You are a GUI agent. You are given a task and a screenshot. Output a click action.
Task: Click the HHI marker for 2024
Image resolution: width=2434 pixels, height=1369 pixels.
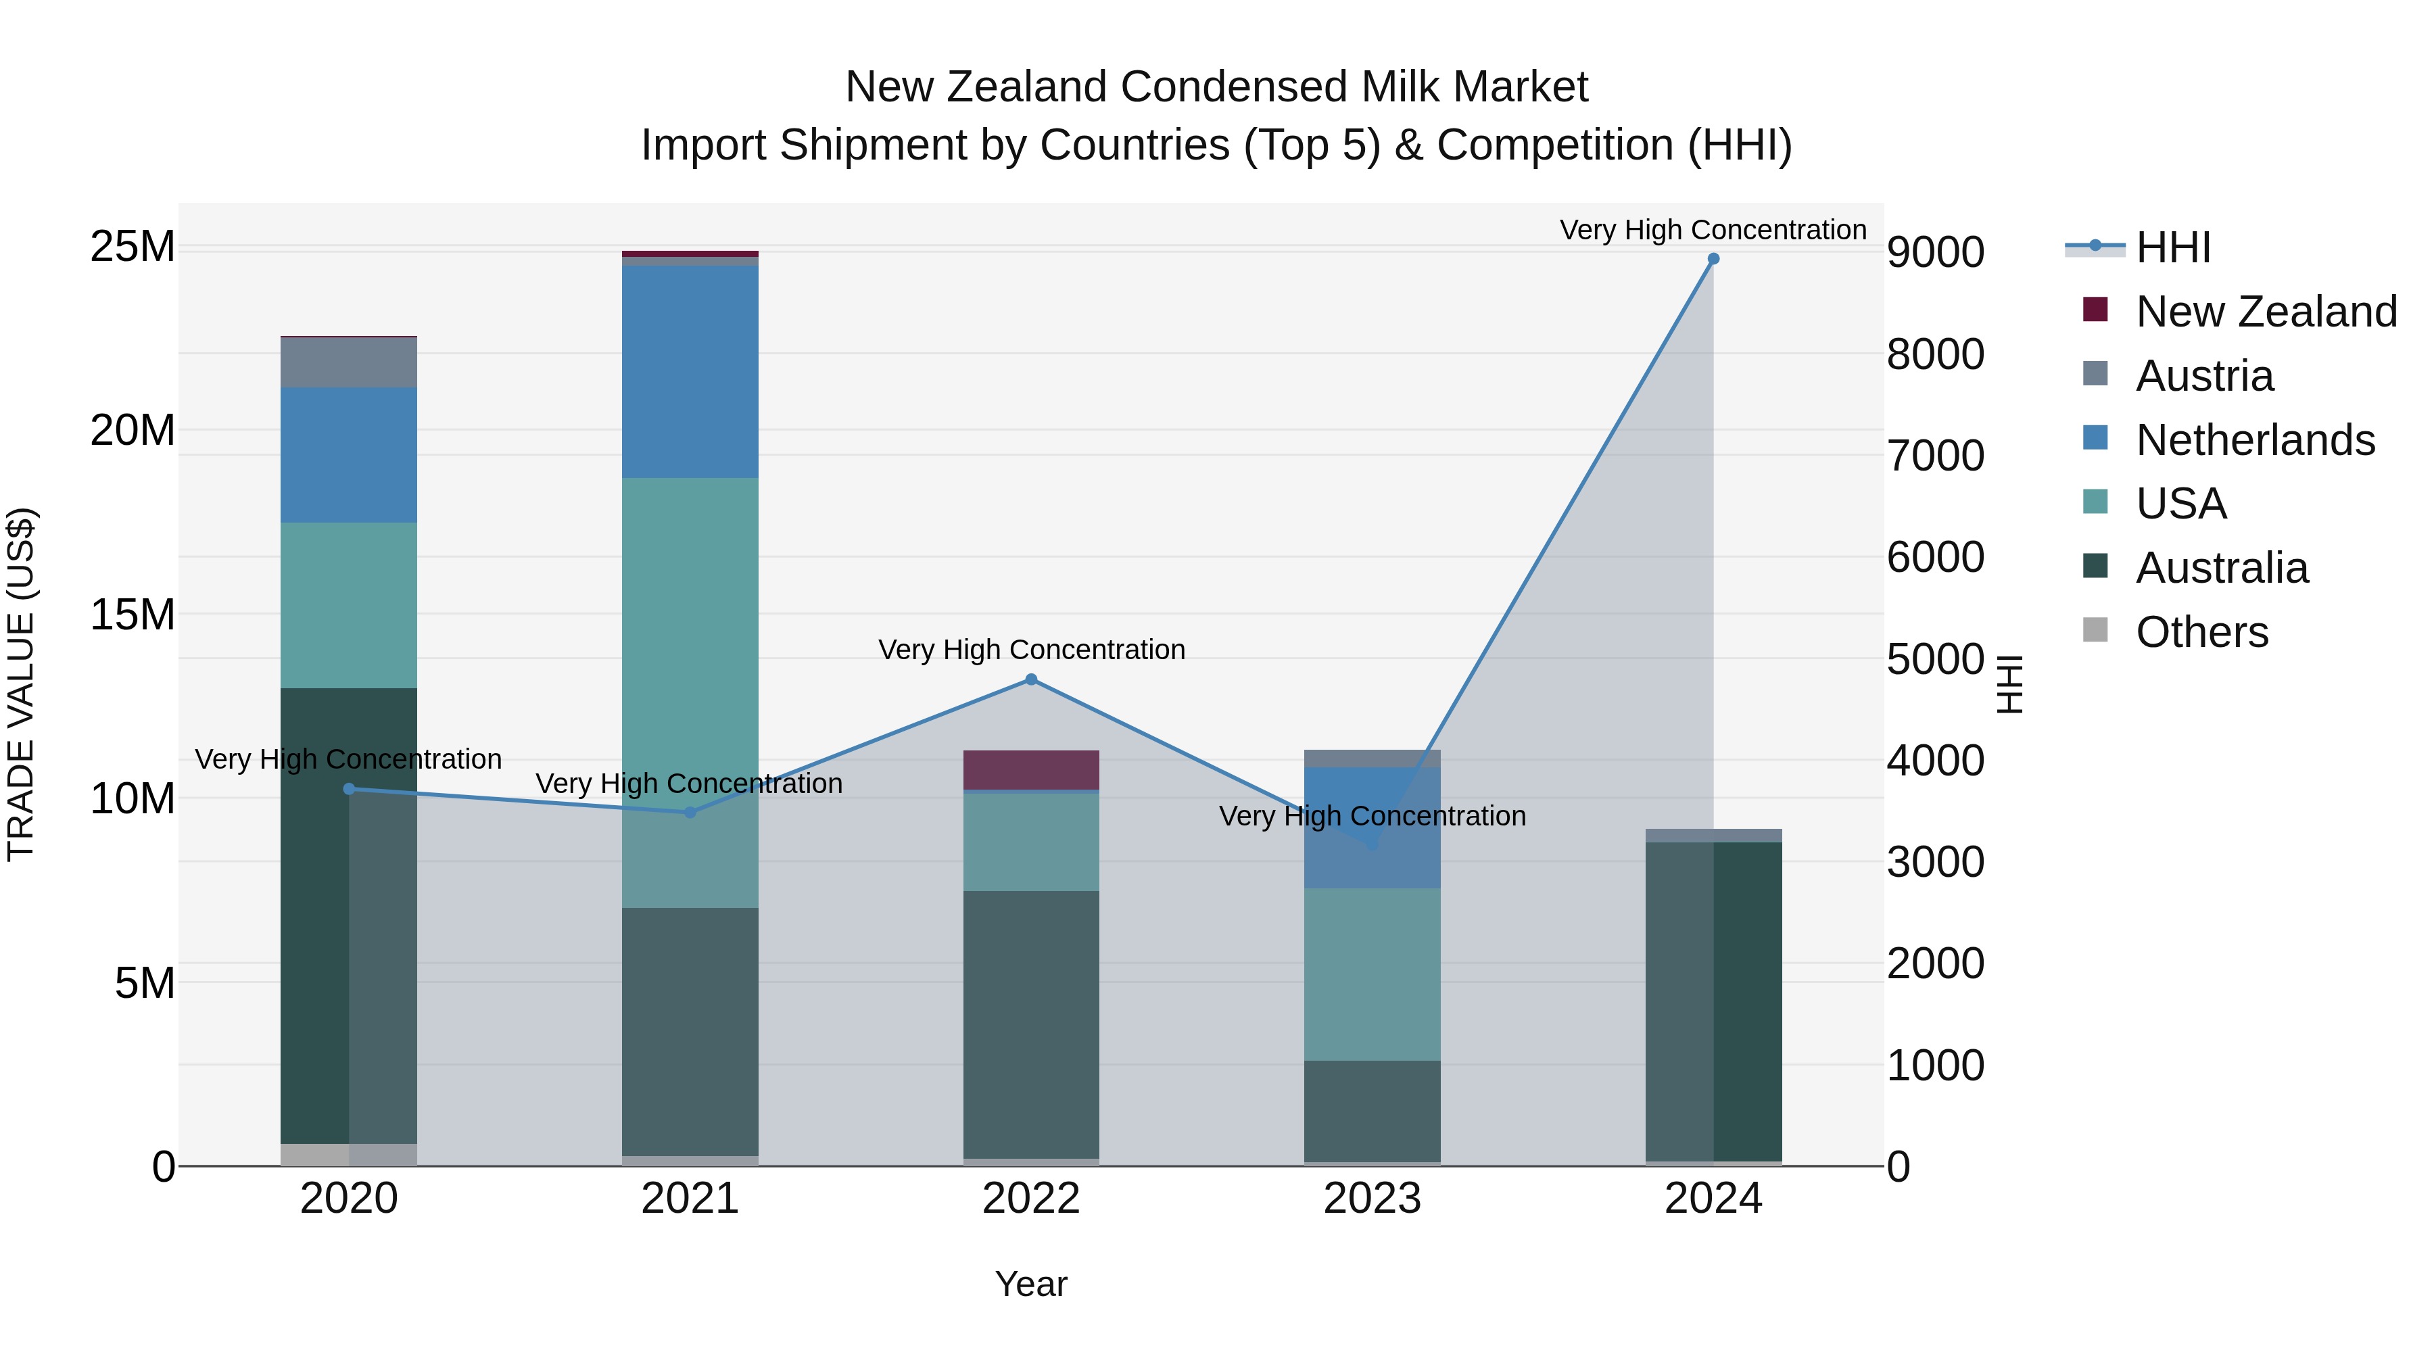(x=1713, y=259)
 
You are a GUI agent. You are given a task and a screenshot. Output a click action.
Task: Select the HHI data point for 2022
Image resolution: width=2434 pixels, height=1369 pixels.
(x=1031, y=679)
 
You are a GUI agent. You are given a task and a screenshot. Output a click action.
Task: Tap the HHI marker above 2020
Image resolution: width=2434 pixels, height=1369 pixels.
(x=349, y=789)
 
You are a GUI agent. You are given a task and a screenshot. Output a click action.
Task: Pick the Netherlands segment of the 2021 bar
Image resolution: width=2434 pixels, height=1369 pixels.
(x=690, y=371)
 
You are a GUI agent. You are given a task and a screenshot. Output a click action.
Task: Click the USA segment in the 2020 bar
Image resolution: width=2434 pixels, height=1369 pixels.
(x=349, y=604)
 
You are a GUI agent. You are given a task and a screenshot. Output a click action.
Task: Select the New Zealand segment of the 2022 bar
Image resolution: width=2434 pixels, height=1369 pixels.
(x=1031, y=769)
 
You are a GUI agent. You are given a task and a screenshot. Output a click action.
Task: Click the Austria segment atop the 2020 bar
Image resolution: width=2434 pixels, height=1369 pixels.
(x=349, y=362)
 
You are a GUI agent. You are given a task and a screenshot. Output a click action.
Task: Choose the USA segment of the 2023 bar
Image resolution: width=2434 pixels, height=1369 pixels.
(x=1372, y=973)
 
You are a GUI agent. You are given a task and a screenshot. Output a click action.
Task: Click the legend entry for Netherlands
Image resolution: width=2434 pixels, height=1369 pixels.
(x=2254, y=440)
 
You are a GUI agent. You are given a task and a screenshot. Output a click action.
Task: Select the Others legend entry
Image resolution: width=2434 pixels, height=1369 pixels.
(x=2201, y=632)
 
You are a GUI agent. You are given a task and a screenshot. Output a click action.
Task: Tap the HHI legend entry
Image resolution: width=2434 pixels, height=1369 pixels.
(x=2172, y=247)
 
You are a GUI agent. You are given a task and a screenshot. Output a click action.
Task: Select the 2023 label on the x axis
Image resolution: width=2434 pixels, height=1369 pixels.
(x=1372, y=1199)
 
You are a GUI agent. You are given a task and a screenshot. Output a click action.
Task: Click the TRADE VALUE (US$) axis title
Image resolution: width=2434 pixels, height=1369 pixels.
(x=21, y=684)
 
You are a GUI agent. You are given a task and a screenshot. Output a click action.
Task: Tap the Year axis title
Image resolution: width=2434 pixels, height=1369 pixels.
(x=1031, y=1284)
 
